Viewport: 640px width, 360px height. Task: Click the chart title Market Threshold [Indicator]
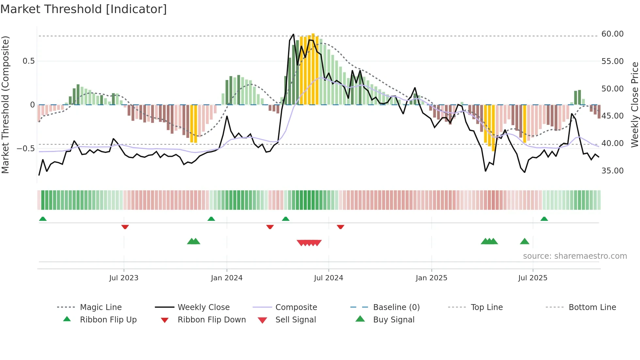[x=84, y=9]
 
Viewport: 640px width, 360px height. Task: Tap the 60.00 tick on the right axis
[x=612, y=34]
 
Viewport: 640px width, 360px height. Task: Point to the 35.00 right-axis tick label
[x=612, y=171]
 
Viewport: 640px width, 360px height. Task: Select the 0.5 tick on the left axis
[x=28, y=61]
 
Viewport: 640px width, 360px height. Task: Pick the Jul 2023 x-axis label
[x=124, y=278]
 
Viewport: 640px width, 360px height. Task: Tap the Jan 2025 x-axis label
[x=431, y=278]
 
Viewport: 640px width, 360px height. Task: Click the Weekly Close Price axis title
[x=634, y=105]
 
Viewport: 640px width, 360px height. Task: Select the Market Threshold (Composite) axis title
[x=5, y=105]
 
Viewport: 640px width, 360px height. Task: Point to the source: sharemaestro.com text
[x=575, y=256]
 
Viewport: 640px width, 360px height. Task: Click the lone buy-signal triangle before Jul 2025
[x=524, y=241]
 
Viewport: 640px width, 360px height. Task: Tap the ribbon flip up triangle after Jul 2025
[x=544, y=219]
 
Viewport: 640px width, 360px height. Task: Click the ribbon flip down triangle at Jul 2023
[x=125, y=227]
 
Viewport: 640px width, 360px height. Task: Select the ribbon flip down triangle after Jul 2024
[x=341, y=227]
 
